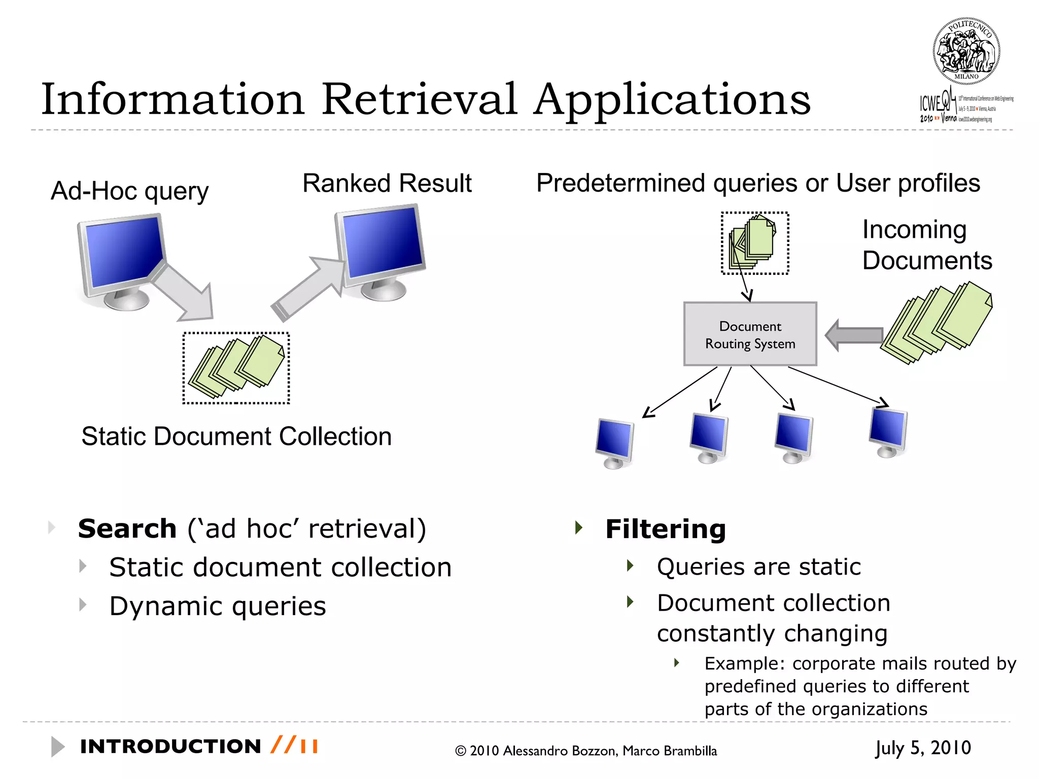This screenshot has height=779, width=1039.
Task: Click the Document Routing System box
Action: coord(750,334)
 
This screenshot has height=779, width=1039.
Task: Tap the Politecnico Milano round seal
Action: coord(966,51)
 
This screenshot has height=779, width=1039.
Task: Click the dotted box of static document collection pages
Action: coord(236,368)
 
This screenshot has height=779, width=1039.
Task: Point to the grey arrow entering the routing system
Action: coord(854,335)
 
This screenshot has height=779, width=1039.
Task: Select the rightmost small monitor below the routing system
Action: coord(888,431)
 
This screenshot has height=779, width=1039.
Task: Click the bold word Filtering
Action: coord(666,529)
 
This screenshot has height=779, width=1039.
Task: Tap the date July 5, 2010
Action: coord(923,748)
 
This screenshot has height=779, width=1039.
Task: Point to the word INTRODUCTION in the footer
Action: coord(170,747)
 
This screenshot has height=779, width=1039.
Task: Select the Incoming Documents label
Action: coord(926,245)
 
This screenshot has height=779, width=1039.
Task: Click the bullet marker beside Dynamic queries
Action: coord(83,605)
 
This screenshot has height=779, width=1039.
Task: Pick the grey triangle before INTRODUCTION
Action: coord(58,747)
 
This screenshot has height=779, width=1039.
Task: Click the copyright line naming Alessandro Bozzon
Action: coord(586,751)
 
